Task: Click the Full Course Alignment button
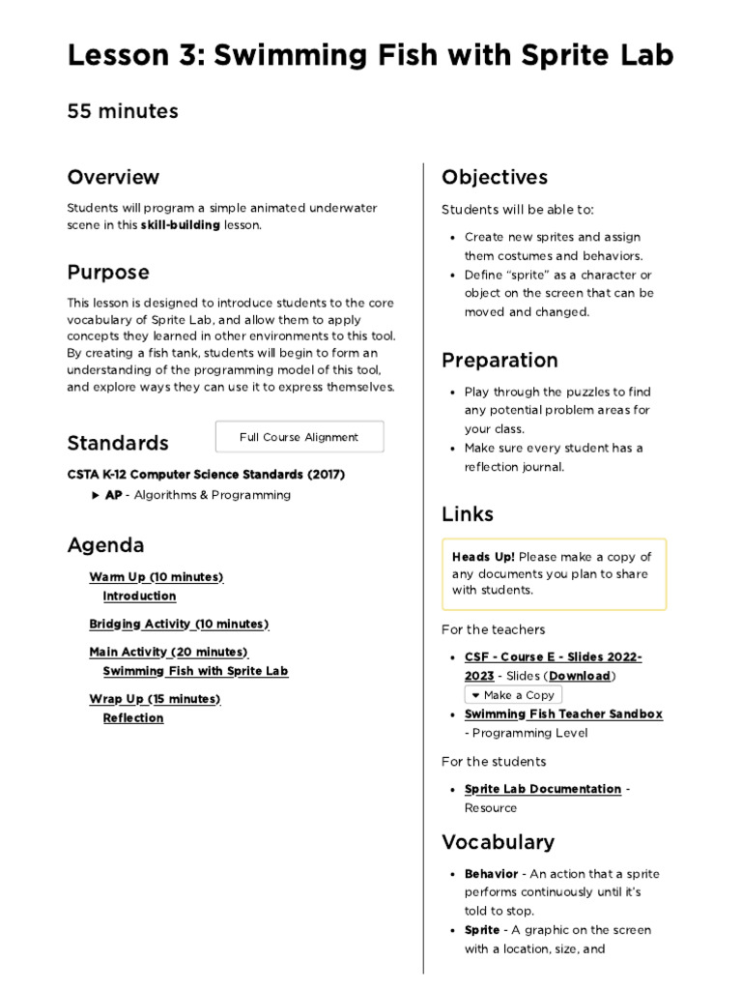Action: coord(299,437)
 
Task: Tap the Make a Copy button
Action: coord(512,695)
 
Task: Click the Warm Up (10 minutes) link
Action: coord(156,577)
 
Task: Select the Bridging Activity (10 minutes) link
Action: coord(179,624)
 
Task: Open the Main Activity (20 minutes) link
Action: coord(168,652)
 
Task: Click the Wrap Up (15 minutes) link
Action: coord(155,699)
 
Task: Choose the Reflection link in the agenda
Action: coord(133,718)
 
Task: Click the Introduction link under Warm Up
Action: coord(139,597)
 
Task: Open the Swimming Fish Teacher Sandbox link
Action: coord(563,714)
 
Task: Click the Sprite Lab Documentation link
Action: coord(542,789)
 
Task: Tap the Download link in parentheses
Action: coord(580,676)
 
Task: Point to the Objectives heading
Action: coord(494,177)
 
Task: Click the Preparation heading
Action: coord(499,361)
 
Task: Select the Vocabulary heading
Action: coord(498,841)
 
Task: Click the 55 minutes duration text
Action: coord(123,111)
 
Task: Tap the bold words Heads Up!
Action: coord(483,557)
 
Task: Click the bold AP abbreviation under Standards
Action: coord(114,495)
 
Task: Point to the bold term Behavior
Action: coord(491,874)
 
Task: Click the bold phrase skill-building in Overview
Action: coord(181,225)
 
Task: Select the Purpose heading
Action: coord(108,273)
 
